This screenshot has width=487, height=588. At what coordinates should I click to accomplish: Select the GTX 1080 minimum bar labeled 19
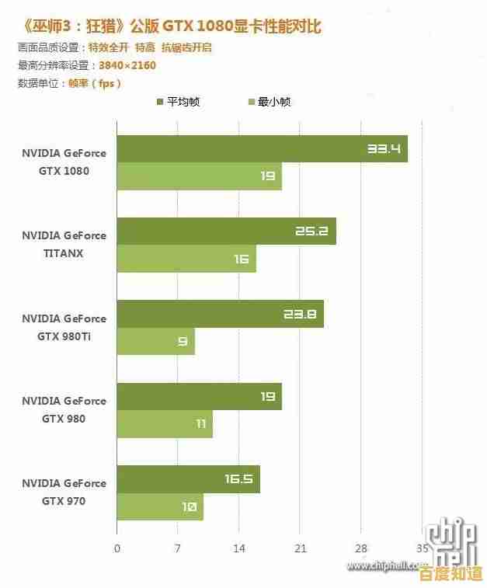pyautogui.click(x=199, y=176)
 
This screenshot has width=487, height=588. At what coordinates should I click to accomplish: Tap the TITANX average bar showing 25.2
pyautogui.click(x=226, y=231)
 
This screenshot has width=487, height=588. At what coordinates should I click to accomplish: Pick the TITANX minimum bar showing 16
pyautogui.click(x=186, y=259)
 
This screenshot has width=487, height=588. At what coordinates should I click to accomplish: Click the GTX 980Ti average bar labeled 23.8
pyautogui.click(x=220, y=315)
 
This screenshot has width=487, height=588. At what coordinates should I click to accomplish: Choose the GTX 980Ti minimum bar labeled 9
pyautogui.click(x=155, y=342)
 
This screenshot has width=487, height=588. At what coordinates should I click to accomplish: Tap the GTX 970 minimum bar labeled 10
pyautogui.click(x=160, y=506)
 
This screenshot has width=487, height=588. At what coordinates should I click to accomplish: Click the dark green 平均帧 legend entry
pyautogui.click(x=179, y=102)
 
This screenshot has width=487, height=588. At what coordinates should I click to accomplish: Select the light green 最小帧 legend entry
pyautogui.click(x=269, y=102)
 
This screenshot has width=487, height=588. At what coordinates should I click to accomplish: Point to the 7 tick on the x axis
pyautogui.click(x=178, y=548)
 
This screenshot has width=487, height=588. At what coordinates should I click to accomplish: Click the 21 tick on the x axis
pyautogui.click(x=301, y=548)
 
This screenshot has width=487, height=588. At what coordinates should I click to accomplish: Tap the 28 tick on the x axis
pyautogui.click(x=361, y=548)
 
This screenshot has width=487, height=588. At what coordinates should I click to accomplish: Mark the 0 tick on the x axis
pyautogui.click(x=117, y=548)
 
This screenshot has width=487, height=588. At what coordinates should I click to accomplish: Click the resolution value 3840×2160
pyautogui.click(x=127, y=65)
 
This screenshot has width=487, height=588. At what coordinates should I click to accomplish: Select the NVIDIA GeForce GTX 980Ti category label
pyautogui.click(x=64, y=328)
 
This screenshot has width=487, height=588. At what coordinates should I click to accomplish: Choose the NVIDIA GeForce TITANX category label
pyautogui.click(x=64, y=245)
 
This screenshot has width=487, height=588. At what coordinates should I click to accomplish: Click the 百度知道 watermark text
pyautogui.click(x=450, y=574)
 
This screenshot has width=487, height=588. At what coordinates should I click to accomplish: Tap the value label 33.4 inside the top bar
pyautogui.click(x=384, y=148)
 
